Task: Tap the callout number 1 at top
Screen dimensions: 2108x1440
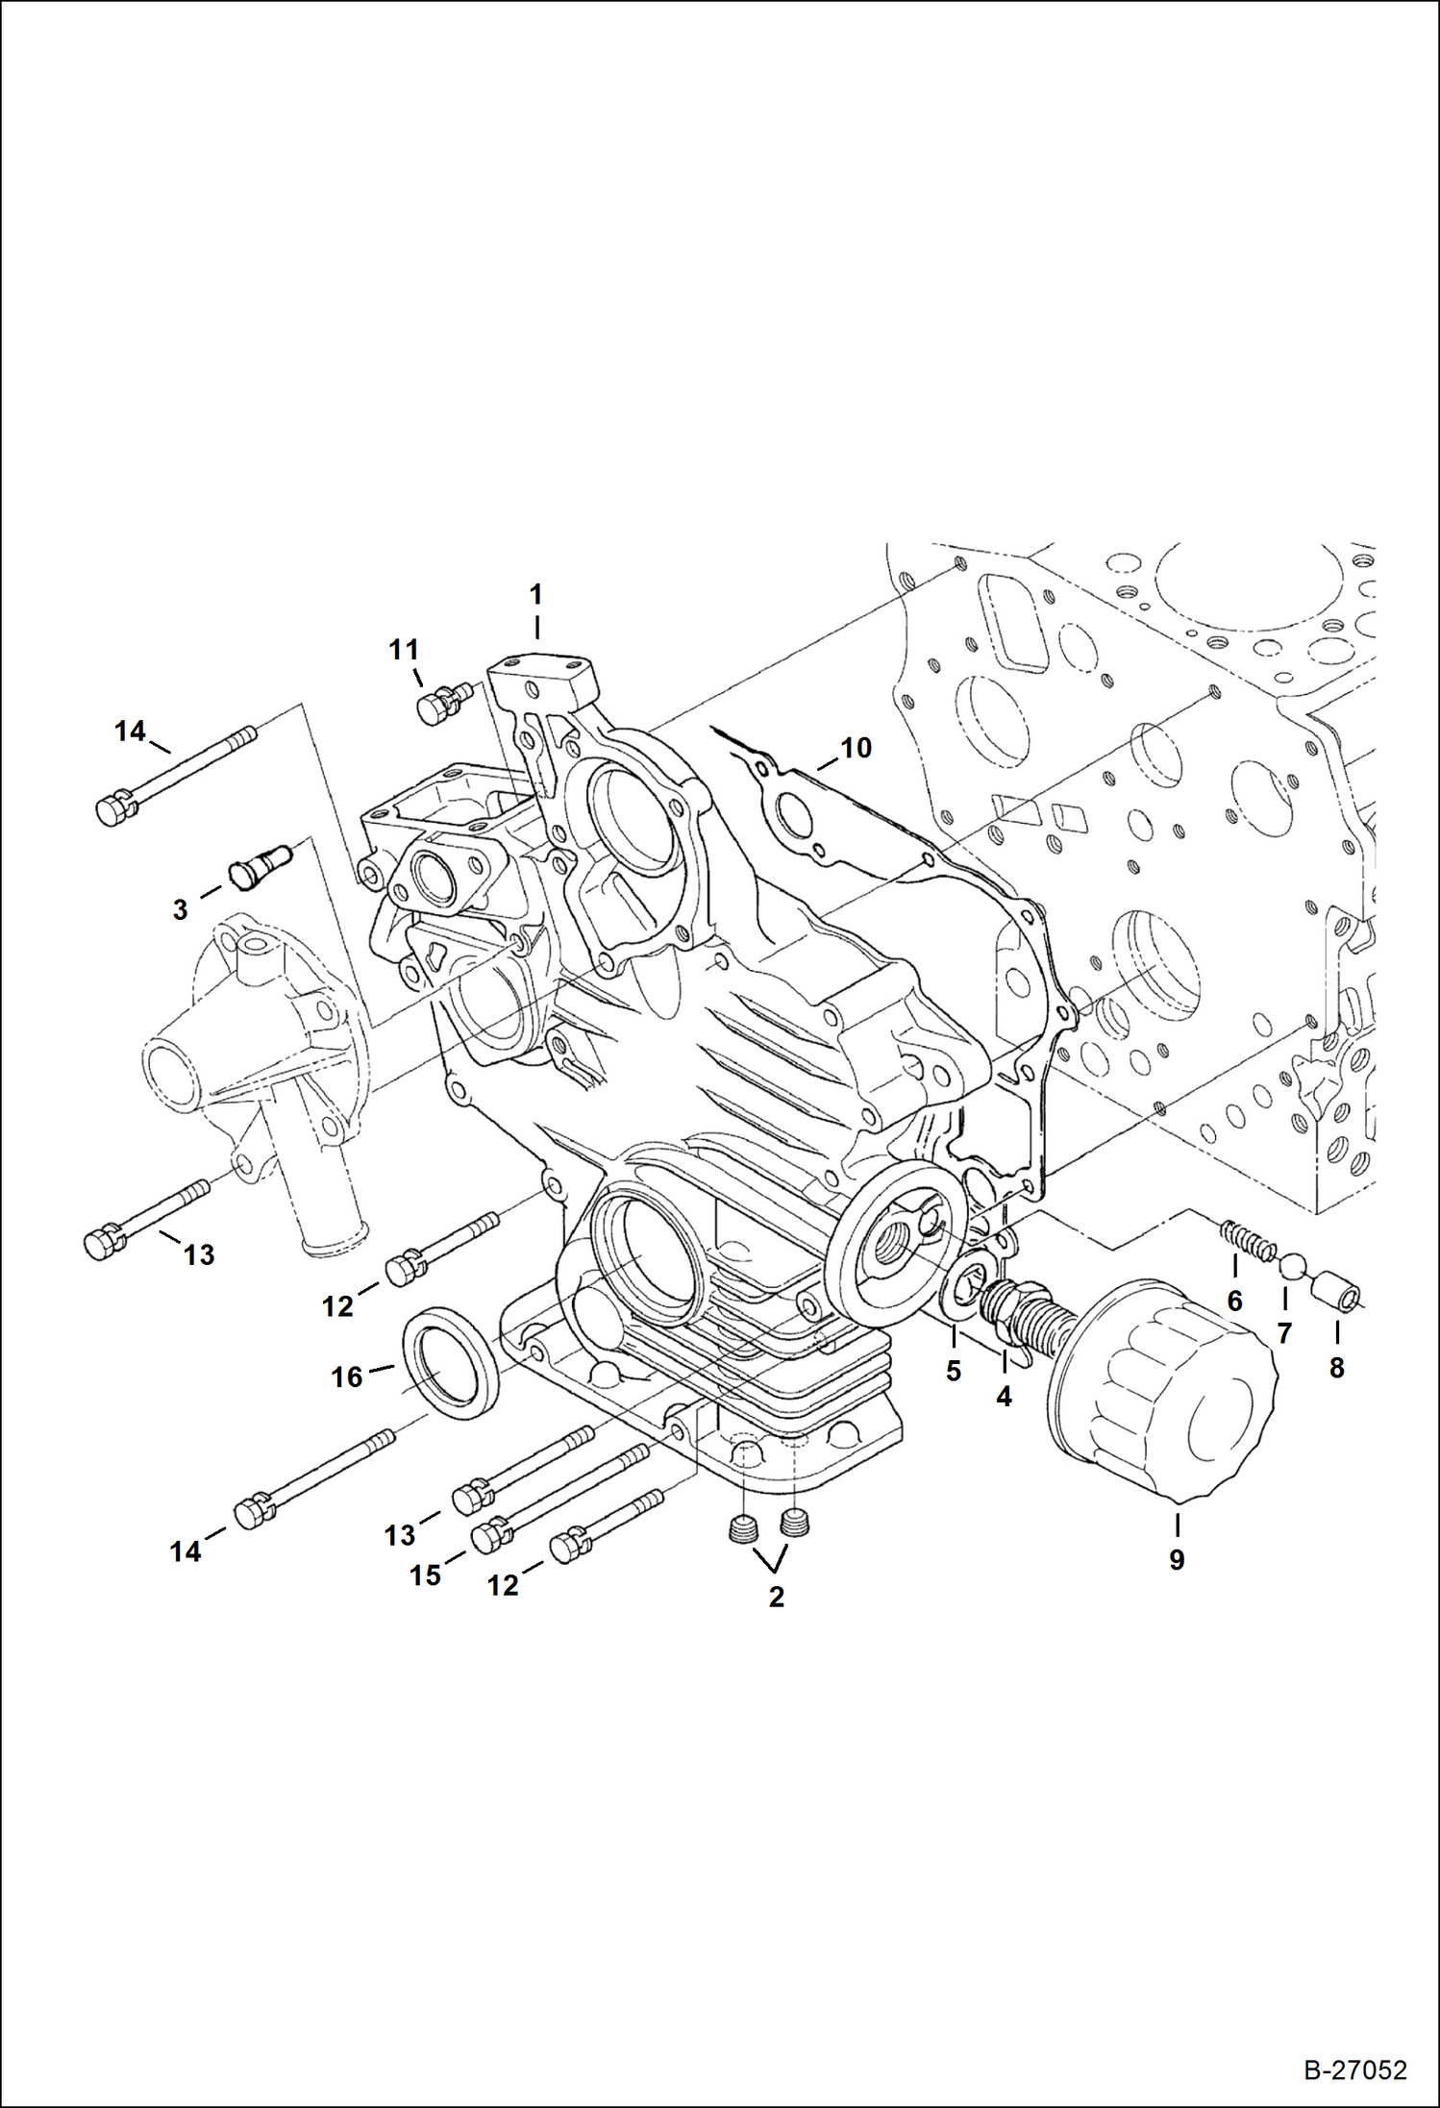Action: pyautogui.click(x=536, y=593)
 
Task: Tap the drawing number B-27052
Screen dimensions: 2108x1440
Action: pyautogui.click(x=1355, y=2070)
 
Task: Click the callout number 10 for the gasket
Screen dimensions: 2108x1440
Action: pyautogui.click(x=856, y=747)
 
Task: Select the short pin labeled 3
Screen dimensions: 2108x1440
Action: pyautogui.click(x=259, y=862)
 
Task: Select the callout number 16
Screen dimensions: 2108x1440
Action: pyautogui.click(x=347, y=1377)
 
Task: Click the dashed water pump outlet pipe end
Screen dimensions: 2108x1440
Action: pyautogui.click(x=332, y=1247)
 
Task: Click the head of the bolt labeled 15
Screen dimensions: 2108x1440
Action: pyautogui.click(x=490, y=1535)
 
